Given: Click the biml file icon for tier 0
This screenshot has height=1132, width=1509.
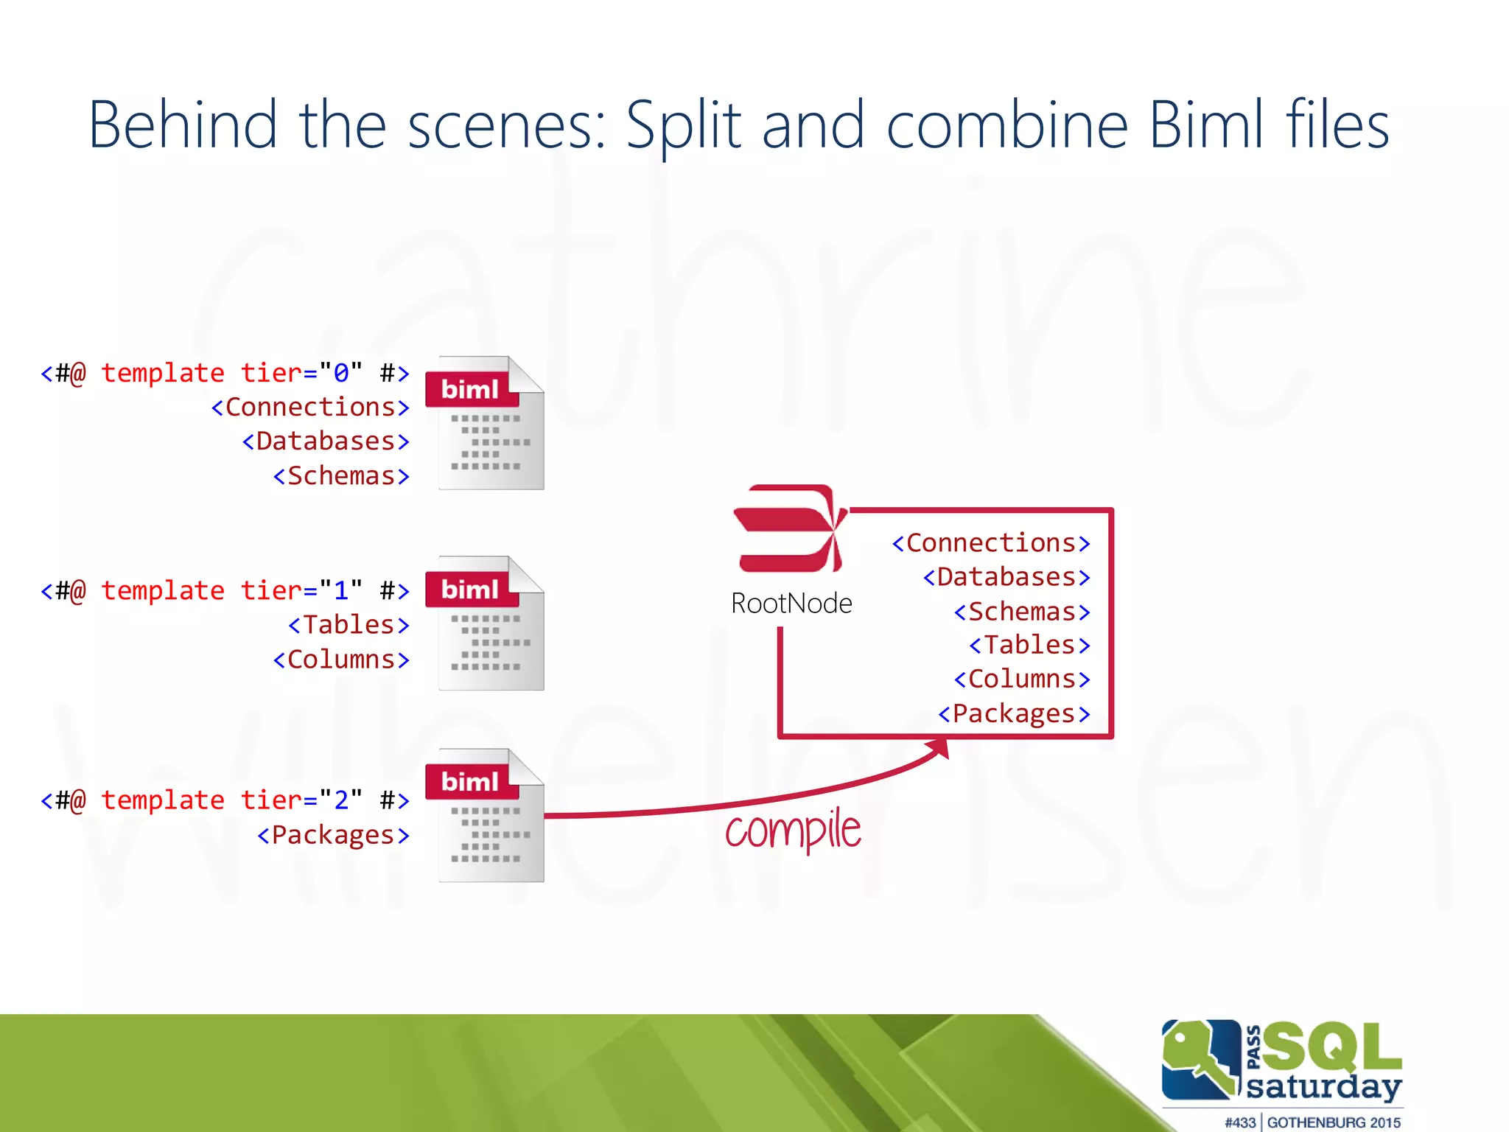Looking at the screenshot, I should (486, 424).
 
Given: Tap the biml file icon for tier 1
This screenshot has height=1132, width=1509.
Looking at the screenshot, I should (486, 623).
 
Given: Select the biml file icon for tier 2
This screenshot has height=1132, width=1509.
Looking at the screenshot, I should (486, 816).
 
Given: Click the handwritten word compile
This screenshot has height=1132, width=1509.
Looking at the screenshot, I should (793, 831).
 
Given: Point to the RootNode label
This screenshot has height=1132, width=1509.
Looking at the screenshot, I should (791, 604).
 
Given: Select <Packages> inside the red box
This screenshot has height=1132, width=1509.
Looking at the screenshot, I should (1014, 713).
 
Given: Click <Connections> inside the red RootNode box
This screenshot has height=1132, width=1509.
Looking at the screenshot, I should (990, 543).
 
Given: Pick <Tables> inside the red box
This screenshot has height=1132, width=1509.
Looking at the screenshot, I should (1029, 645).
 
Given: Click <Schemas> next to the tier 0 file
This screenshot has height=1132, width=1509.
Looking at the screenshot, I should (341, 476).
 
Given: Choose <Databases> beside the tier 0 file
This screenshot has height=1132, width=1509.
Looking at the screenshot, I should (326, 441).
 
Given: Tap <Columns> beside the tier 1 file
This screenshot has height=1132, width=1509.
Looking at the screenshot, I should (341, 660).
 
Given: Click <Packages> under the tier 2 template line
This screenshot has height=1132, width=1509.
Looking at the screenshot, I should (333, 835).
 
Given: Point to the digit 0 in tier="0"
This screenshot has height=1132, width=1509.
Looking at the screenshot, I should (341, 373).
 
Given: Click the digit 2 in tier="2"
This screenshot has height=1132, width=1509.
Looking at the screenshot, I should (341, 800).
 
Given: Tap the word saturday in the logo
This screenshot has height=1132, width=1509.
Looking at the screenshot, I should (1323, 1087).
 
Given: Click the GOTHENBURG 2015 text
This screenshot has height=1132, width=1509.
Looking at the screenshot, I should (1334, 1122).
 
